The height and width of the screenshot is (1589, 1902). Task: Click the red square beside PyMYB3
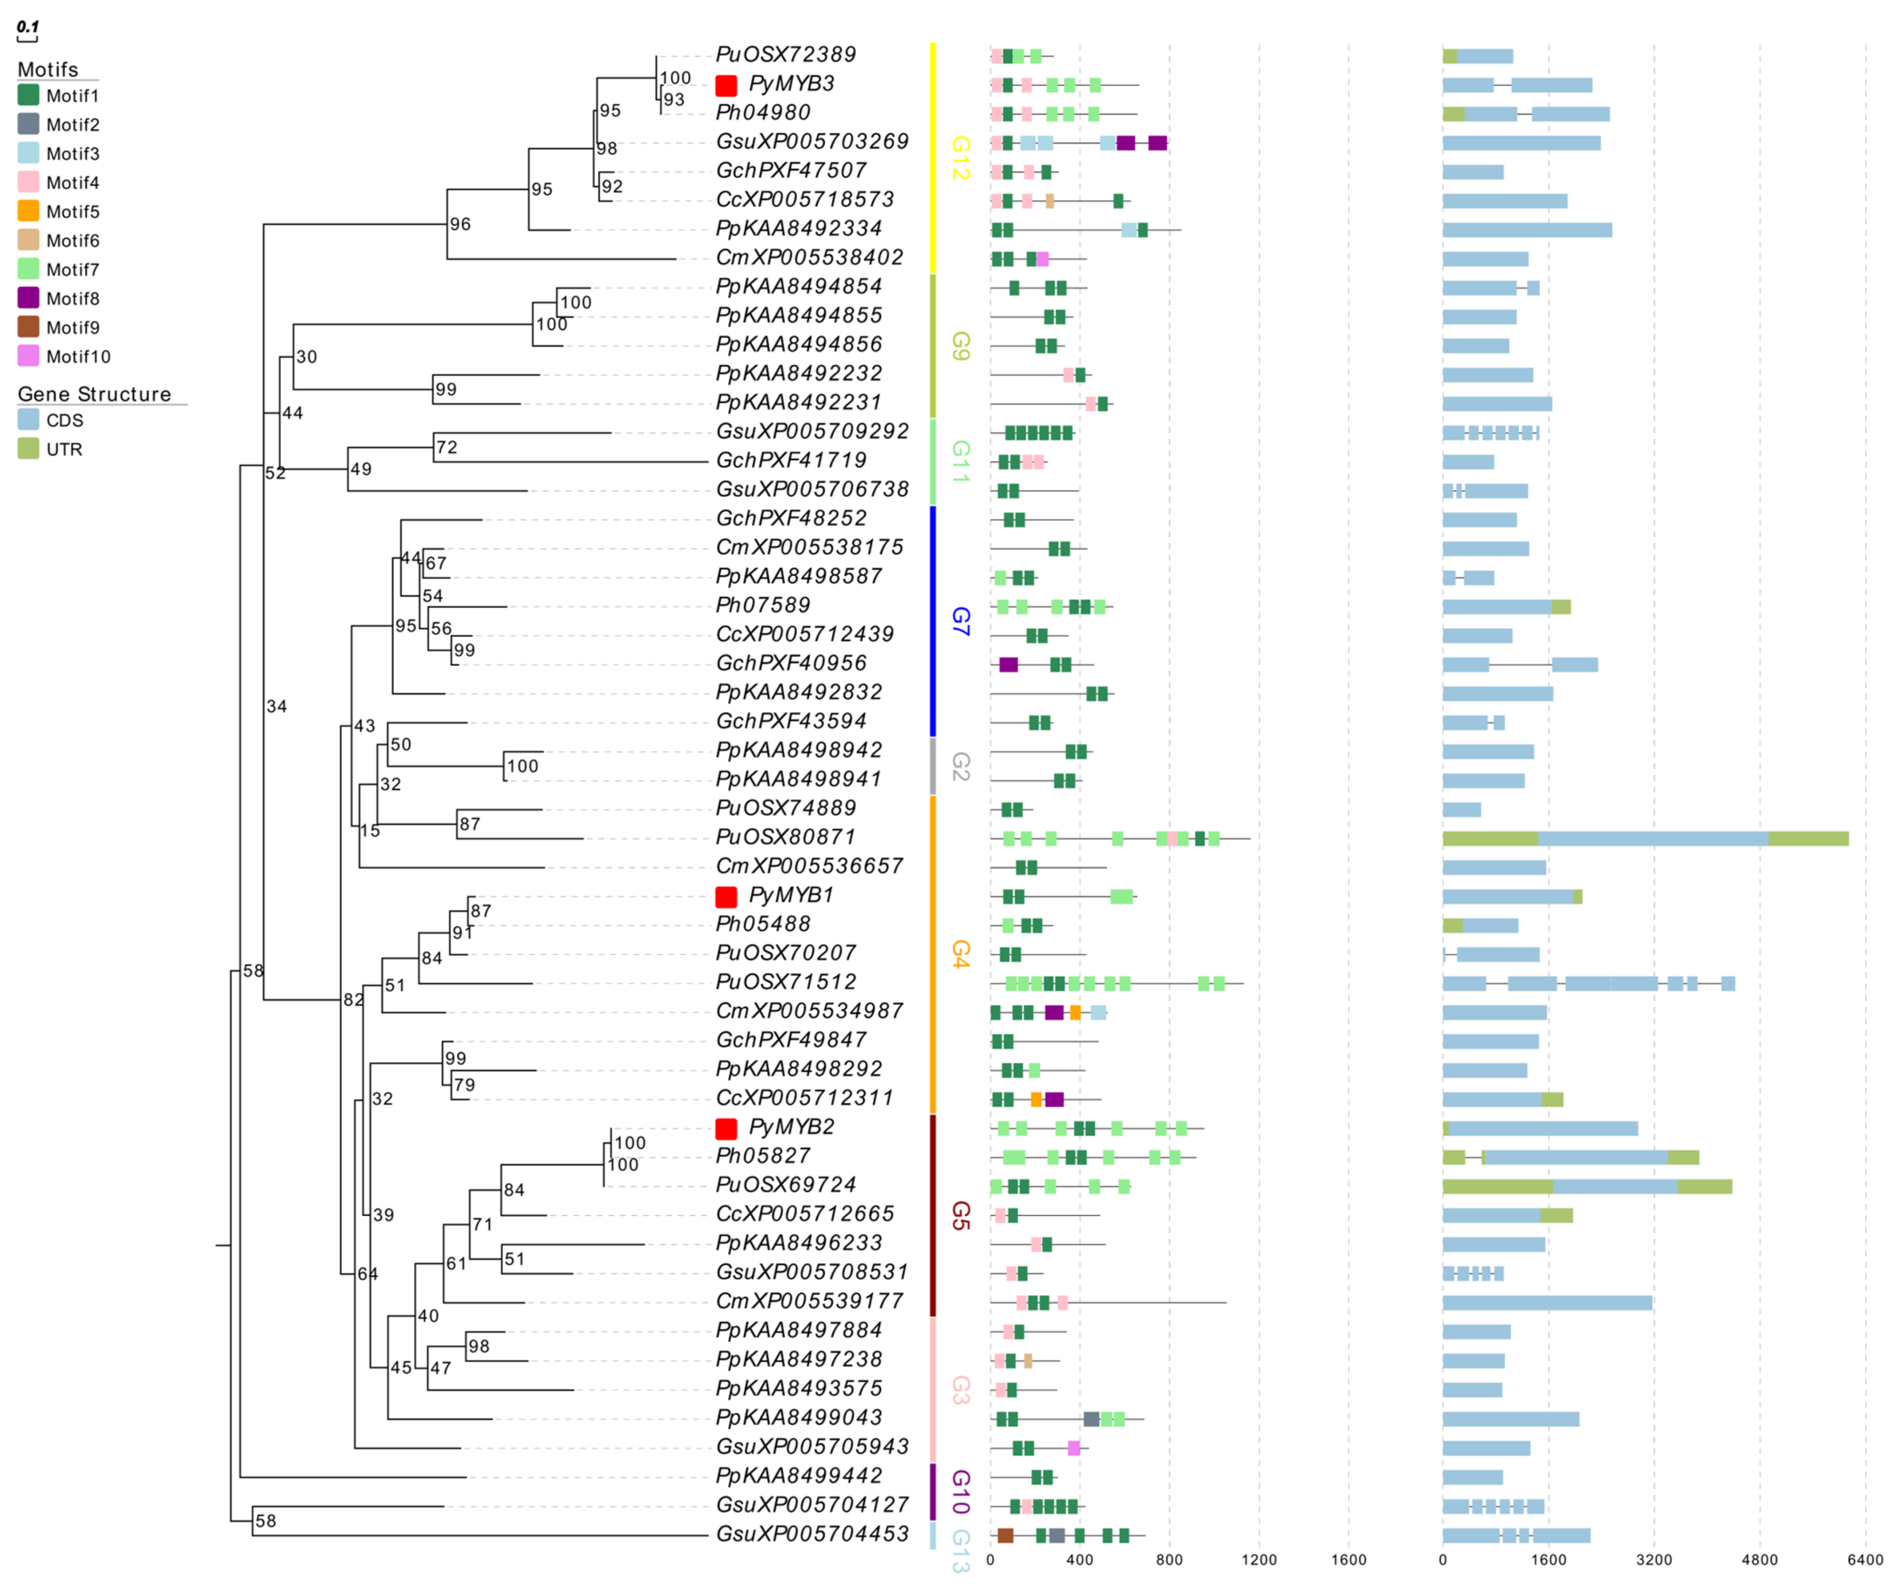[x=726, y=85]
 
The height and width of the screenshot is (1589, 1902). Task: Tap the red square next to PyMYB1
[x=726, y=897]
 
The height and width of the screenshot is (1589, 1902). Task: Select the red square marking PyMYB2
[x=726, y=1129]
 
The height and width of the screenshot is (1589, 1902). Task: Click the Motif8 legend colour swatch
[x=28, y=298]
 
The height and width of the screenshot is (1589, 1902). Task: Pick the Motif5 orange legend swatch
[x=28, y=211]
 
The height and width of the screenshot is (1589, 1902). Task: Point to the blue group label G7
[x=961, y=622]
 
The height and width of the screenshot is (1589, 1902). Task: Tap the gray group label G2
[x=961, y=766]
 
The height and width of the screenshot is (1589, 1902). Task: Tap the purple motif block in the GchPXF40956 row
[x=1008, y=665]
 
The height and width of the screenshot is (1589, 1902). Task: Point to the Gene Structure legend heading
[x=94, y=394]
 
